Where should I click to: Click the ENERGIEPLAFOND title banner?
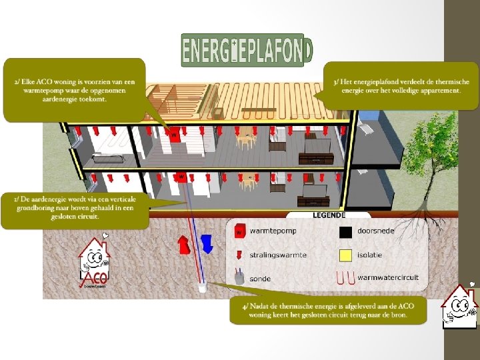tap(246, 50)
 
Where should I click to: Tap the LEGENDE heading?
tap(329, 215)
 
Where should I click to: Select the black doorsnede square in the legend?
tap(345, 232)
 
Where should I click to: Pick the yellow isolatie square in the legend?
tap(345, 254)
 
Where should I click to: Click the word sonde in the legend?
tap(261, 277)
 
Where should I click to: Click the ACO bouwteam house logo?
tap(94, 262)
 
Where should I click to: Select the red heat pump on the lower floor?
tap(181, 177)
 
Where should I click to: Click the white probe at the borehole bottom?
tap(202, 287)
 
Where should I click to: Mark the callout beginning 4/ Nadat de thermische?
tap(327, 310)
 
